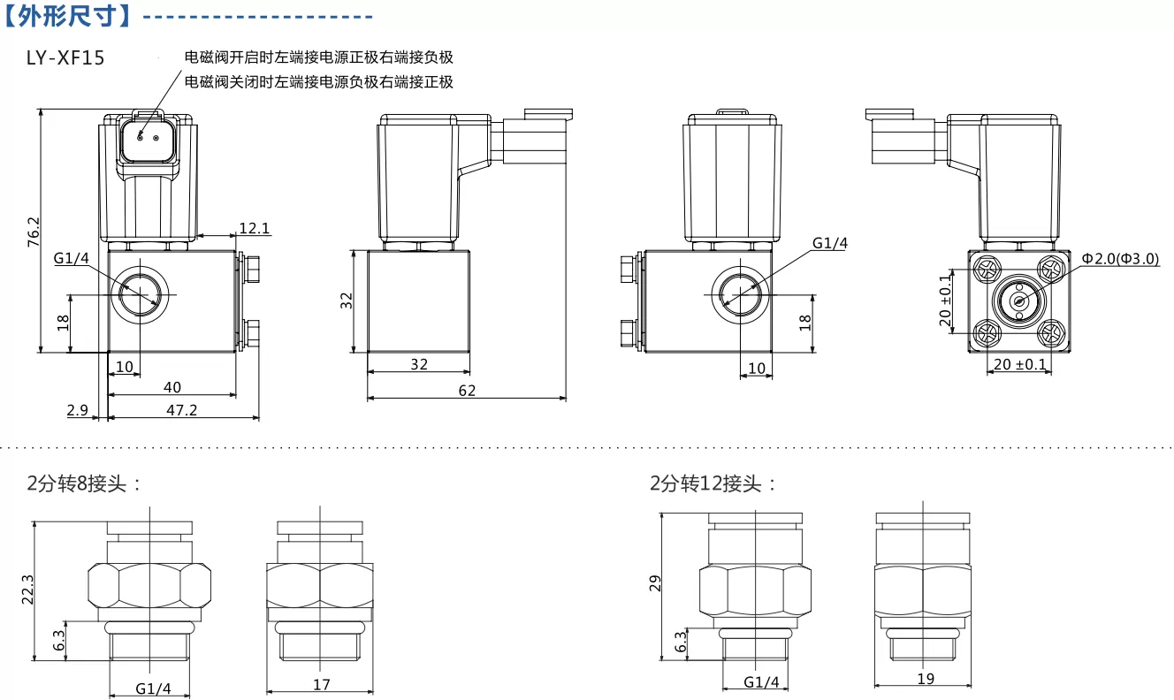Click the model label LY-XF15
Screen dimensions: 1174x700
click(65, 57)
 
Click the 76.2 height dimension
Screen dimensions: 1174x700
click(34, 232)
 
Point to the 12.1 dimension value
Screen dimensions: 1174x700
click(255, 228)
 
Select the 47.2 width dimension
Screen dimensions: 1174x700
click(182, 410)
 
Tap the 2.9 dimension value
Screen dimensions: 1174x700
click(78, 410)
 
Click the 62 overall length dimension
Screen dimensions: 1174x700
click(467, 391)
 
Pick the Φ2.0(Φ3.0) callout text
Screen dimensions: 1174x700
click(1120, 259)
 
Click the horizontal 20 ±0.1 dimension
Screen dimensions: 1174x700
click(1020, 364)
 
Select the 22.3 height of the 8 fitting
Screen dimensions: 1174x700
click(27, 590)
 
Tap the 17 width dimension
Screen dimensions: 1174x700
click(321, 684)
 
